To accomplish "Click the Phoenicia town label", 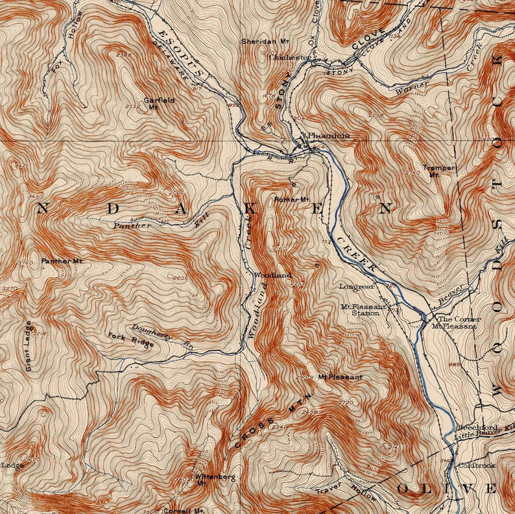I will tap(329, 136).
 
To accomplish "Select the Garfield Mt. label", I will tap(152, 104).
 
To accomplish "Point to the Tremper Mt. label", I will tap(439, 171).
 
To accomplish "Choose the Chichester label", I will tap(290, 57).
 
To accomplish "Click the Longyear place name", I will tap(357, 286).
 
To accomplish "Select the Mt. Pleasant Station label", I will tap(364, 310).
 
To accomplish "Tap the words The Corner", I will tap(459, 319).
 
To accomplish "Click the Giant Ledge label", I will tap(29, 345).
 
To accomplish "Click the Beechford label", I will tap(476, 428).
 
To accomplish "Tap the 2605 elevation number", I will tap(180, 278).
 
